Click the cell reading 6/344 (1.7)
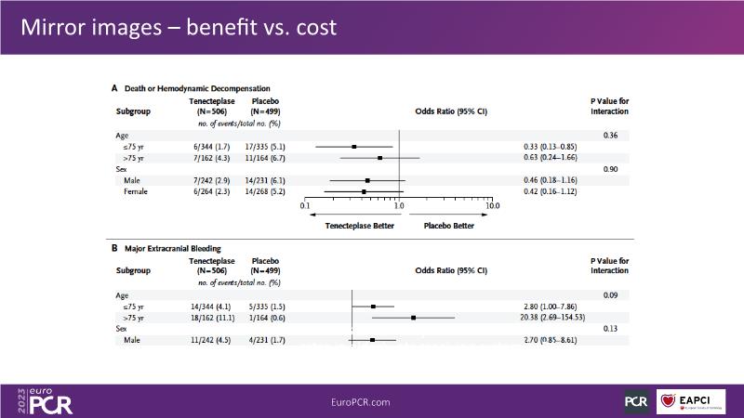click(x=209, y=146)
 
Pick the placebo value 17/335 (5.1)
click(x=262, y=146)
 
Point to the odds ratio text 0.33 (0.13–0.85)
click(x=552, y=146)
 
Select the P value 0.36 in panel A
click(x=610, y=136)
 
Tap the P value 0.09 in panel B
click(x=610, y=295)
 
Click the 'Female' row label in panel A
click(x=137, y=191)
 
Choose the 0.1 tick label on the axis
click(x=305, y=206)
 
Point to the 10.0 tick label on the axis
click(x=492, y=206)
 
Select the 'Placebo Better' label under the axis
click(x=449, y=226)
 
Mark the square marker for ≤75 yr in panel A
click(x=354, y=147)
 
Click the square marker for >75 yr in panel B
click(x=413, y=318)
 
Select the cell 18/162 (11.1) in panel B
click(x=210, y=318)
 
